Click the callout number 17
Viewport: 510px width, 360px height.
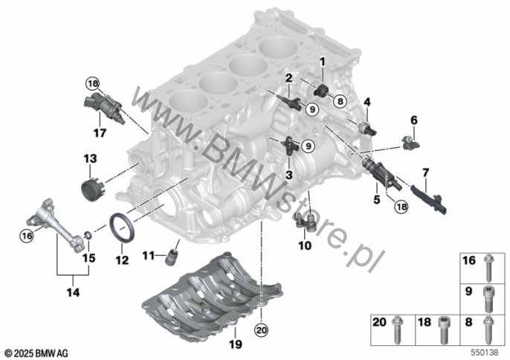100,133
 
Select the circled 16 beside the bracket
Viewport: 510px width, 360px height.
27,235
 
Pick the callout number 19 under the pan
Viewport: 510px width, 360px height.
236,344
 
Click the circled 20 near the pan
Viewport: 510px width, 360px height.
261,330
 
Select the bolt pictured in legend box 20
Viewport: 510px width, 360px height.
397,330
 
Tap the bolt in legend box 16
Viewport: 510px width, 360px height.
488,268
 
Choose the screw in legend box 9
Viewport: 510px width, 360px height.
488,298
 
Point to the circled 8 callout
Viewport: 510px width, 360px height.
340,101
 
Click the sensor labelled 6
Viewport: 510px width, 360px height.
410,142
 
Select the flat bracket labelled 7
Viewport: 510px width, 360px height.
429,199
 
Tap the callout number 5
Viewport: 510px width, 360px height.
377,199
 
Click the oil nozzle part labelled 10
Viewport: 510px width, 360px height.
305,222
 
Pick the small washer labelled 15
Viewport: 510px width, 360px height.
88,234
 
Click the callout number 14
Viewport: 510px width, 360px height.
73,292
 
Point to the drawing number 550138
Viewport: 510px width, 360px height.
485,353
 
